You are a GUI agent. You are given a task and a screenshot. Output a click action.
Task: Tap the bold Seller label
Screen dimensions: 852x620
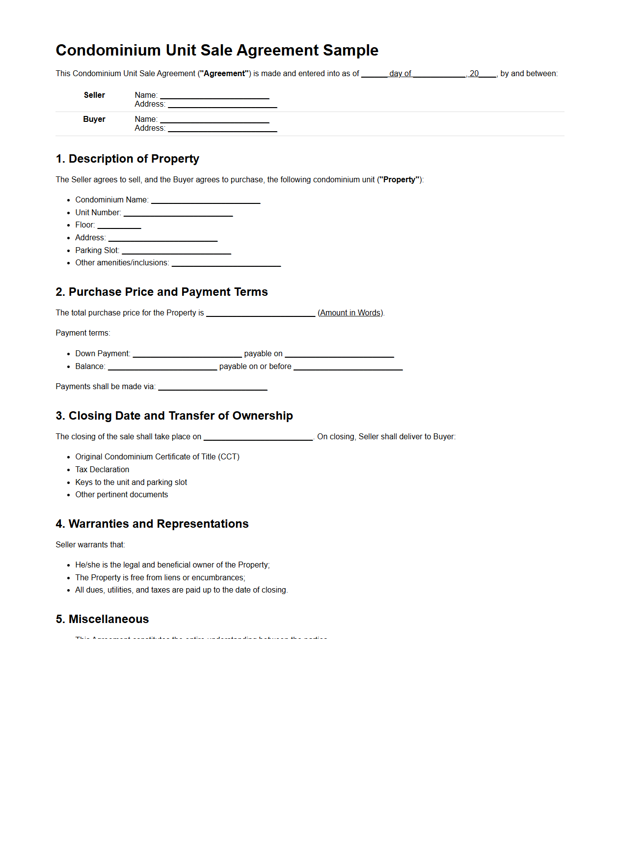(x=94, y=95)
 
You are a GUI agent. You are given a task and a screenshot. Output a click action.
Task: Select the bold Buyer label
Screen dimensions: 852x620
(x=94, y=119)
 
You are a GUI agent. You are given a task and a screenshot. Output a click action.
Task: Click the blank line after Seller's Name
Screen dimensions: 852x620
(x=215, y=97)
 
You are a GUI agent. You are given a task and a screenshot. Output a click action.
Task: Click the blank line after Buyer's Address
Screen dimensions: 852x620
(x=222, y=130)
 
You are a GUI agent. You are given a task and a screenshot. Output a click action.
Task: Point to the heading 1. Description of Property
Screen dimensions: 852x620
(x=127, y=159)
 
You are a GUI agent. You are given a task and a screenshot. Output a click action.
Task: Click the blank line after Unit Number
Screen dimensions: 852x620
(x=178, y=215)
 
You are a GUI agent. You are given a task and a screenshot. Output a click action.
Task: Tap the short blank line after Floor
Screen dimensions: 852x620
(x=119, y=227)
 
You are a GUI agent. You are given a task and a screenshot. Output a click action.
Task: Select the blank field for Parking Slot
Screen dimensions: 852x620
(x=176, y=253)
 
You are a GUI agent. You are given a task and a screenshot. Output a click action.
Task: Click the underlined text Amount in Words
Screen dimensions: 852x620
(x=350, y=313)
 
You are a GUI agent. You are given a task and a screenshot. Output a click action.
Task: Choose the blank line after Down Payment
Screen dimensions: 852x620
(x=187, y=356)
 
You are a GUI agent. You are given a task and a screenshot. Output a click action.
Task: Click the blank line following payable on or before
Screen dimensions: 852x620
(x=348, y=369)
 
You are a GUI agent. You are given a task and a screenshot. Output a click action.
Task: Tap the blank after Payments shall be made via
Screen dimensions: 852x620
(x=213, y=389)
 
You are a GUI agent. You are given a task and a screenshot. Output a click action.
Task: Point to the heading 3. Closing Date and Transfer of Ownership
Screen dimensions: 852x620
(x=174, y=416)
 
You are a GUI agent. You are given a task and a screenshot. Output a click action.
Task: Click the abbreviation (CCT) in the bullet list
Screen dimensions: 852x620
(x=229, y=457)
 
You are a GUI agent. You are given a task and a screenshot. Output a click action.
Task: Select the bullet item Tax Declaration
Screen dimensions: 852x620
(x=102, y=470)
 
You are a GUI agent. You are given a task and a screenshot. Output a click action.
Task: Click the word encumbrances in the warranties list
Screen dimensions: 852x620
(x=217, y=578)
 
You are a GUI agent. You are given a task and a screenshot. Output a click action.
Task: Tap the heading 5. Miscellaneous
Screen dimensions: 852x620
(x=102, y=619)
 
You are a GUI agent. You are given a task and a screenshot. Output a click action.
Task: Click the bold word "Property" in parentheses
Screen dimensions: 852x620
(x=400, y=180)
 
